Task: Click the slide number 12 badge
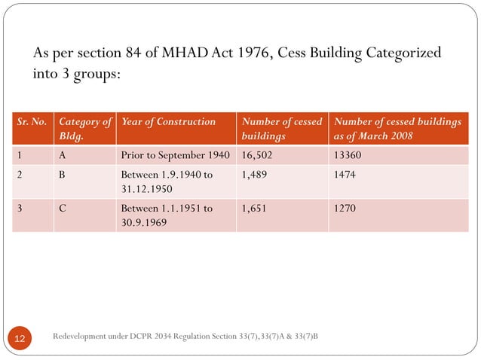click(x=20, y=338)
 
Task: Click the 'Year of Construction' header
click(x=168, y=121)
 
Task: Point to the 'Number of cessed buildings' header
click(x=281, y=129)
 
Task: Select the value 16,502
click(x=258, y=156)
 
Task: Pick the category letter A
click(x=63, y=156)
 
